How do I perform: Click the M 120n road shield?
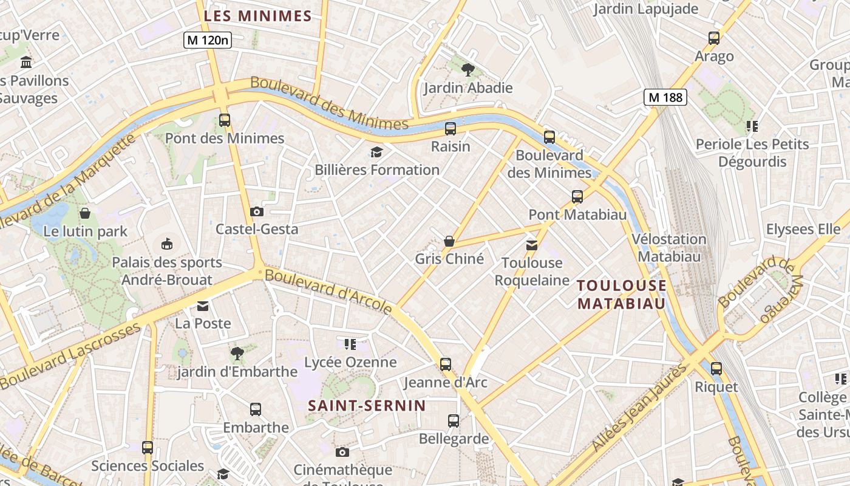pyautogui.click(x=208, y=40)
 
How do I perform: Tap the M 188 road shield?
pyautogui.click(x=665, y=97)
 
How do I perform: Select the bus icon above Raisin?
pyautogui.click(x=450, y=129)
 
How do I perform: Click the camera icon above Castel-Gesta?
pyautogui.click(x=257, y=211)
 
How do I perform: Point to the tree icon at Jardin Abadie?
pyautogui.click(x=467, y=69)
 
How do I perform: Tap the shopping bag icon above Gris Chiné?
pyautogui.click(x=449, y=241)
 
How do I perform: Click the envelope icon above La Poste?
pyautogui.click(x=202, y=306)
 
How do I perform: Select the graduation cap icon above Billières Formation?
pyautogui.click(x=377, y=152)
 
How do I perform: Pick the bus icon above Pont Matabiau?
pyautogui.click(x=577, y=197)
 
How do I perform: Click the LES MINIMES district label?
pyautogui.click(x=257, y=16)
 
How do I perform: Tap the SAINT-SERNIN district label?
pyautogui.click(x=367, y=406)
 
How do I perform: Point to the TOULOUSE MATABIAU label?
pyautogui.click(x=621, y=294)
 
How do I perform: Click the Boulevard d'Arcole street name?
pyautogui.click(x=328, y=291)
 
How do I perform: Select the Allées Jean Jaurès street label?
pyautogui.click(x=640, y=407)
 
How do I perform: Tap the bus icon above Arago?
pyautogui.click(x=714, y=38)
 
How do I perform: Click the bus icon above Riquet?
pyautogui.click(x=716, y=368)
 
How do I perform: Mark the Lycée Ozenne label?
pyautogui.click(x=350, y=363)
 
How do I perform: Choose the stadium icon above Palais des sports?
pyautogui.click(x=166, y=244)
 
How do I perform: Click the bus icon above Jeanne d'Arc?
pyautogui.click(x=446, y=364)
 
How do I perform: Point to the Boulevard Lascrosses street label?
pyautogui.click(x=70, y=356)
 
